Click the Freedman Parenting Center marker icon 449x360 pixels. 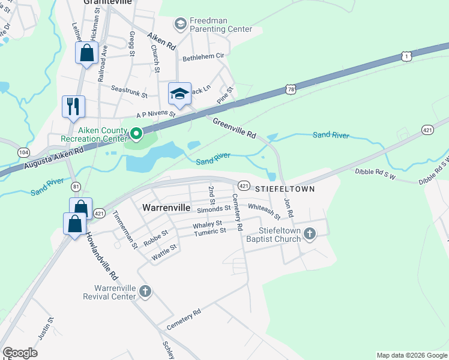tap(179, 24)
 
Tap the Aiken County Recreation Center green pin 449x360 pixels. tap(136, 134)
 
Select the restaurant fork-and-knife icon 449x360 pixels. tap(73, 106)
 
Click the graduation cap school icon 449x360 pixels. tap(179, 93)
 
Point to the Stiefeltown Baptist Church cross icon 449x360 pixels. tap(309, 233)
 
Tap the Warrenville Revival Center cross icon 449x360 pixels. tap(145, 292)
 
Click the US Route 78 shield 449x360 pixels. tap(291, 89)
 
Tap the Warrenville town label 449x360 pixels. tap(166, 208)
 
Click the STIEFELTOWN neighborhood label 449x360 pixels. tap(285, 188)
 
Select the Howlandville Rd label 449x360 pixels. tap(101, 256)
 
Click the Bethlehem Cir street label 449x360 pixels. tap(203, 56)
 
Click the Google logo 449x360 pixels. tap(20, 353)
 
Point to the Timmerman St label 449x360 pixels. tap(125, 230)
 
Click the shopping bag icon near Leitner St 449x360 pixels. tap(87, 53)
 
